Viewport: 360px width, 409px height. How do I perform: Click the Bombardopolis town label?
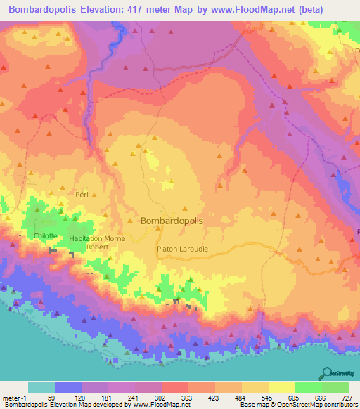click(172, 221)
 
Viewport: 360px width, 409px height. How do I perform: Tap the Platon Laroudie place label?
click(182, 248)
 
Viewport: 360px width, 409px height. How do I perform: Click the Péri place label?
click(80, 194)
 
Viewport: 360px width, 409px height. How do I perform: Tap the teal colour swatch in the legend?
click(41, 387)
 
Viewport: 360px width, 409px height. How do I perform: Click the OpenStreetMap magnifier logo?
click(327, 372)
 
